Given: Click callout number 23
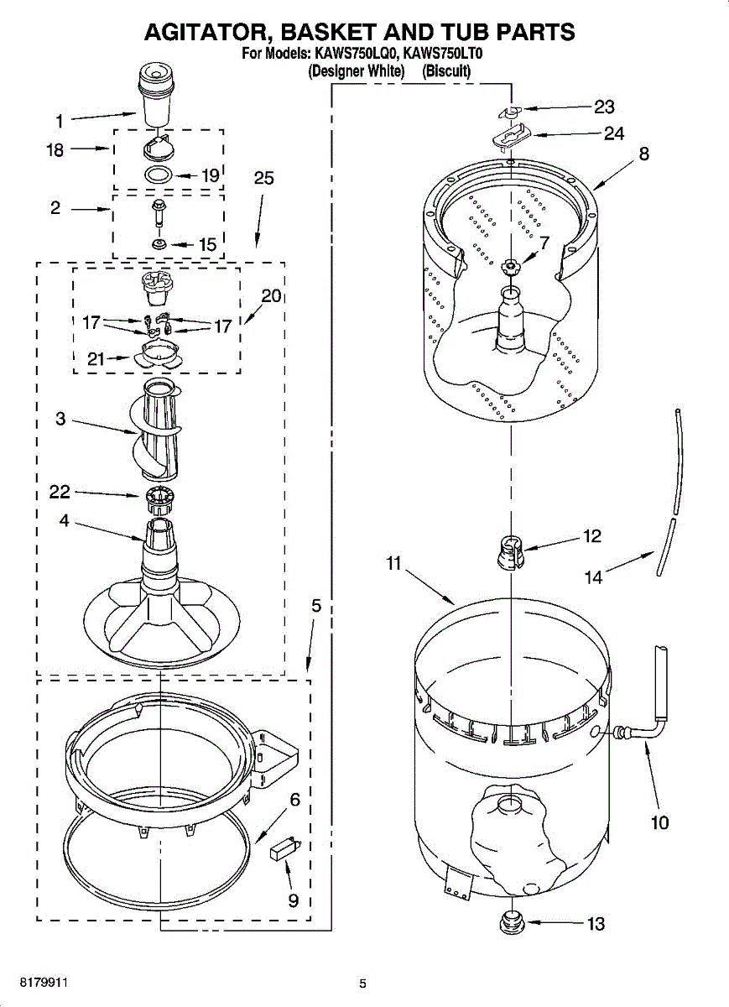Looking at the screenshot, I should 604,107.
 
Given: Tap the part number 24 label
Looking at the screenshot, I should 614,133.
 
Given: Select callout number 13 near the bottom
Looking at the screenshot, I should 596,924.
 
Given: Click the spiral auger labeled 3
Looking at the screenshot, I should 158,428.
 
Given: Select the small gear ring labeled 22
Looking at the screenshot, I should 158,500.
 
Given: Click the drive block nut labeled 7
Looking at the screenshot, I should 509,266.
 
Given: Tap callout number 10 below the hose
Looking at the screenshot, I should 660,822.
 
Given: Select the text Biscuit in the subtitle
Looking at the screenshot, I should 447,72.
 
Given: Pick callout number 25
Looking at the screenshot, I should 263,178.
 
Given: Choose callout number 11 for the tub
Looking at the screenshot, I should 394,564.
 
